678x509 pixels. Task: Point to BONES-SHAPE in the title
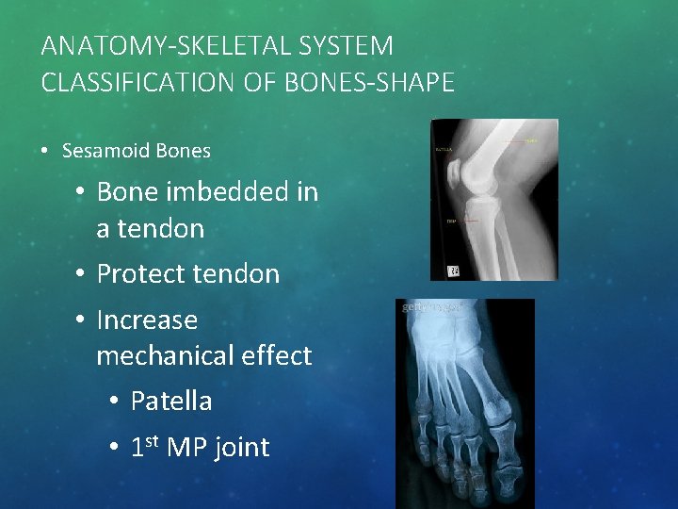pos(376,82)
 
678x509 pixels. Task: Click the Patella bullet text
pos(171,402)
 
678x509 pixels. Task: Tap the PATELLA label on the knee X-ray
pos(444,149)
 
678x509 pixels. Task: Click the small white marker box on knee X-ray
pos(455,271)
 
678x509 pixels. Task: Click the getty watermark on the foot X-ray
pos(429,307)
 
